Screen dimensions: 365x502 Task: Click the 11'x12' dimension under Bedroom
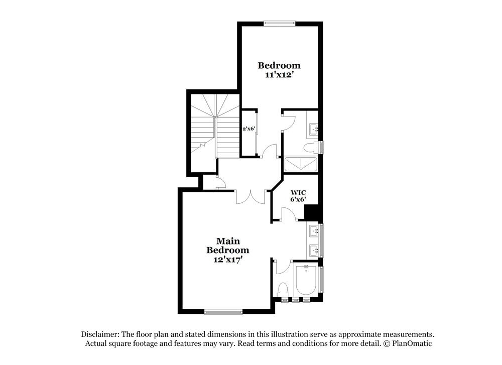click(279, 75)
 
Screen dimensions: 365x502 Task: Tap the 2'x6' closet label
click(249, 129)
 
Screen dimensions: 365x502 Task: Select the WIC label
click(298, 191)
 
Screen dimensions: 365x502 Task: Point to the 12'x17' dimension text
click(228, 260)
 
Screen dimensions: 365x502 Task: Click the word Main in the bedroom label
click(228, 241)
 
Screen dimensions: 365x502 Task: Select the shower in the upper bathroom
click(301, 164)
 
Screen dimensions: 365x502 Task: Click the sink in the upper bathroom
click(313, 130)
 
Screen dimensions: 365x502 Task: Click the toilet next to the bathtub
click(283, 290)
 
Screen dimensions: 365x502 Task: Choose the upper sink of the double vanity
click(314, 231)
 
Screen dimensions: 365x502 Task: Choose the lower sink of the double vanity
click(314, 249)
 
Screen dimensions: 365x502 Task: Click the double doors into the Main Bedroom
click(250, 196)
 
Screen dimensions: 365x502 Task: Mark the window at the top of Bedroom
click(280, 23)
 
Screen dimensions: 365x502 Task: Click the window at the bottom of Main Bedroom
click(223, 312)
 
